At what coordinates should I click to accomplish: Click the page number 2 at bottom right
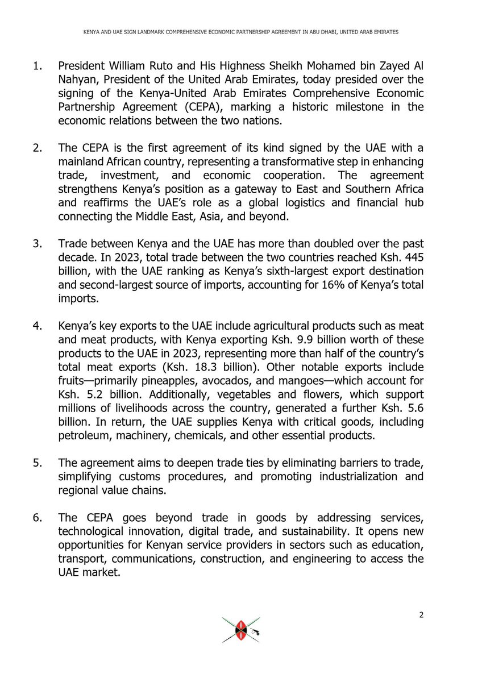click(x=422, y=615)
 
